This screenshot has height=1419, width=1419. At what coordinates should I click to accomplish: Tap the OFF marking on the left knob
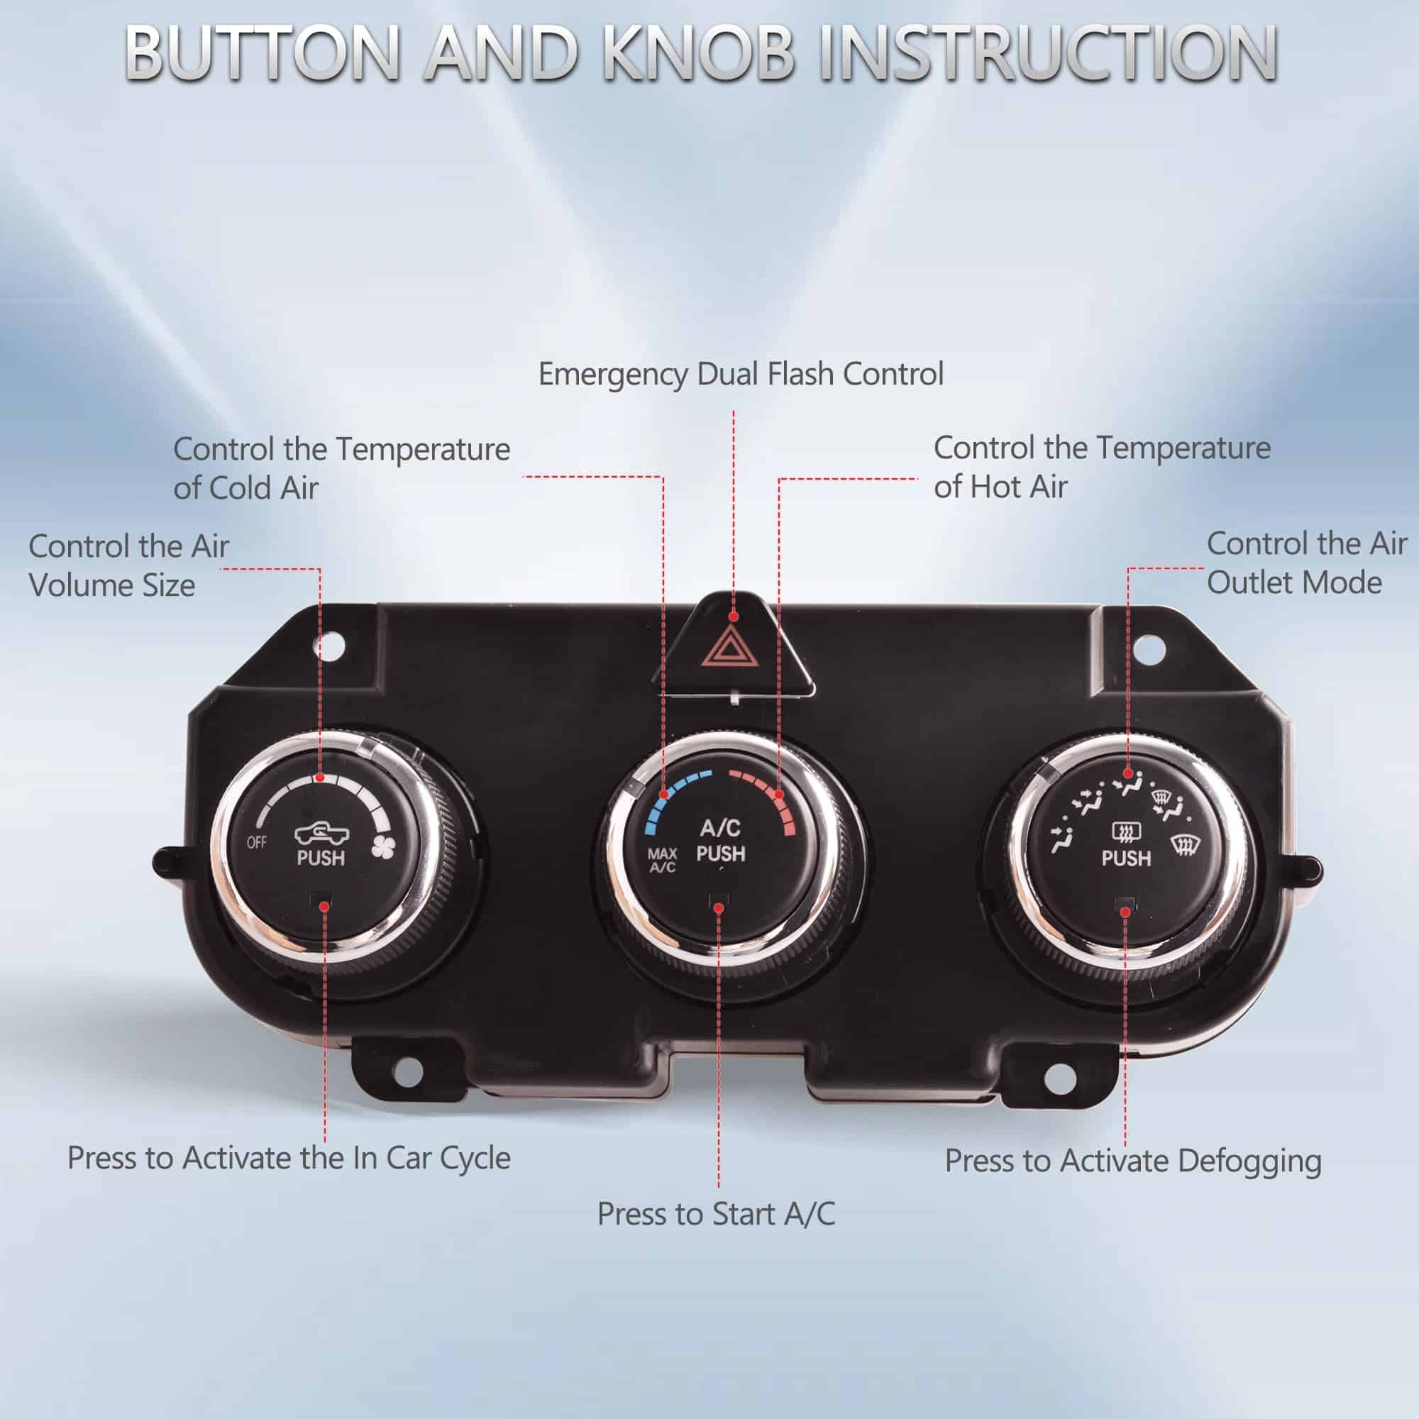256,841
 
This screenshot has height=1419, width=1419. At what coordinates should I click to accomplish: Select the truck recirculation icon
321,833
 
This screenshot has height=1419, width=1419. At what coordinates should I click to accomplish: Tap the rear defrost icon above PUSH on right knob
1126,832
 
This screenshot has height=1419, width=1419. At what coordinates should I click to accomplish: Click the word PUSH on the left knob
321,858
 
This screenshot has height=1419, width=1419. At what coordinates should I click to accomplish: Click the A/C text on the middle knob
719,828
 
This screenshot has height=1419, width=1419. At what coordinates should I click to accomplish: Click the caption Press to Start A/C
716,1214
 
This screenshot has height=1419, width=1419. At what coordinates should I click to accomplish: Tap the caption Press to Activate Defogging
1132,1161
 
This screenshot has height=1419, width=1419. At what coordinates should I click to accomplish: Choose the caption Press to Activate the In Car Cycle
289,1159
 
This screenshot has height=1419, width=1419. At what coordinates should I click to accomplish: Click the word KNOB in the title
697,53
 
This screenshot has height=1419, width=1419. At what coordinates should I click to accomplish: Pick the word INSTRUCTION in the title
1049,53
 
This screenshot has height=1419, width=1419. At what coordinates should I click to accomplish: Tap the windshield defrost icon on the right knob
1181,846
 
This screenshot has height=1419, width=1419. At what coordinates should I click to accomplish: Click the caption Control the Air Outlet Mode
1307,563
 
